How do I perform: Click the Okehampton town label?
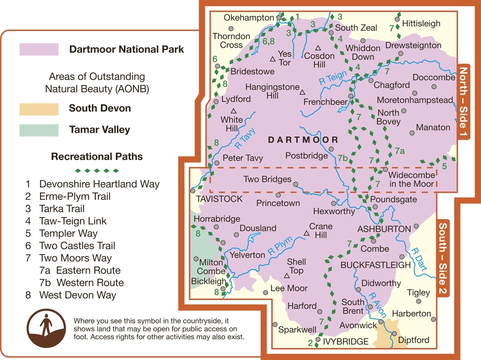(x=249, y=18)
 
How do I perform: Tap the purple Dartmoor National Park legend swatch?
(x=39, y=49)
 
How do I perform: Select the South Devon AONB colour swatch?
(x=39, y=109)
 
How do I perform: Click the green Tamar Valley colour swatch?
(x=39, y=130)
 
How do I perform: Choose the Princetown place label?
(x=278, y=203)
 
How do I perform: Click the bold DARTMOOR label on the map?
(x=303, y=140)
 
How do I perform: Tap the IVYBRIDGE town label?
(x=345, y=342)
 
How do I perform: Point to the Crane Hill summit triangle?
(x=306, y=233)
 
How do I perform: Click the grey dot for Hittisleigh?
(x=397, y=19)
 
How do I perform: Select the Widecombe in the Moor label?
(x=411, y=179)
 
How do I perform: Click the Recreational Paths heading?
(x=97, y=157)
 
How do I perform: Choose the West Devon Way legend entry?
(x=77, y=295)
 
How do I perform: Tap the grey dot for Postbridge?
(x=331, y=149)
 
